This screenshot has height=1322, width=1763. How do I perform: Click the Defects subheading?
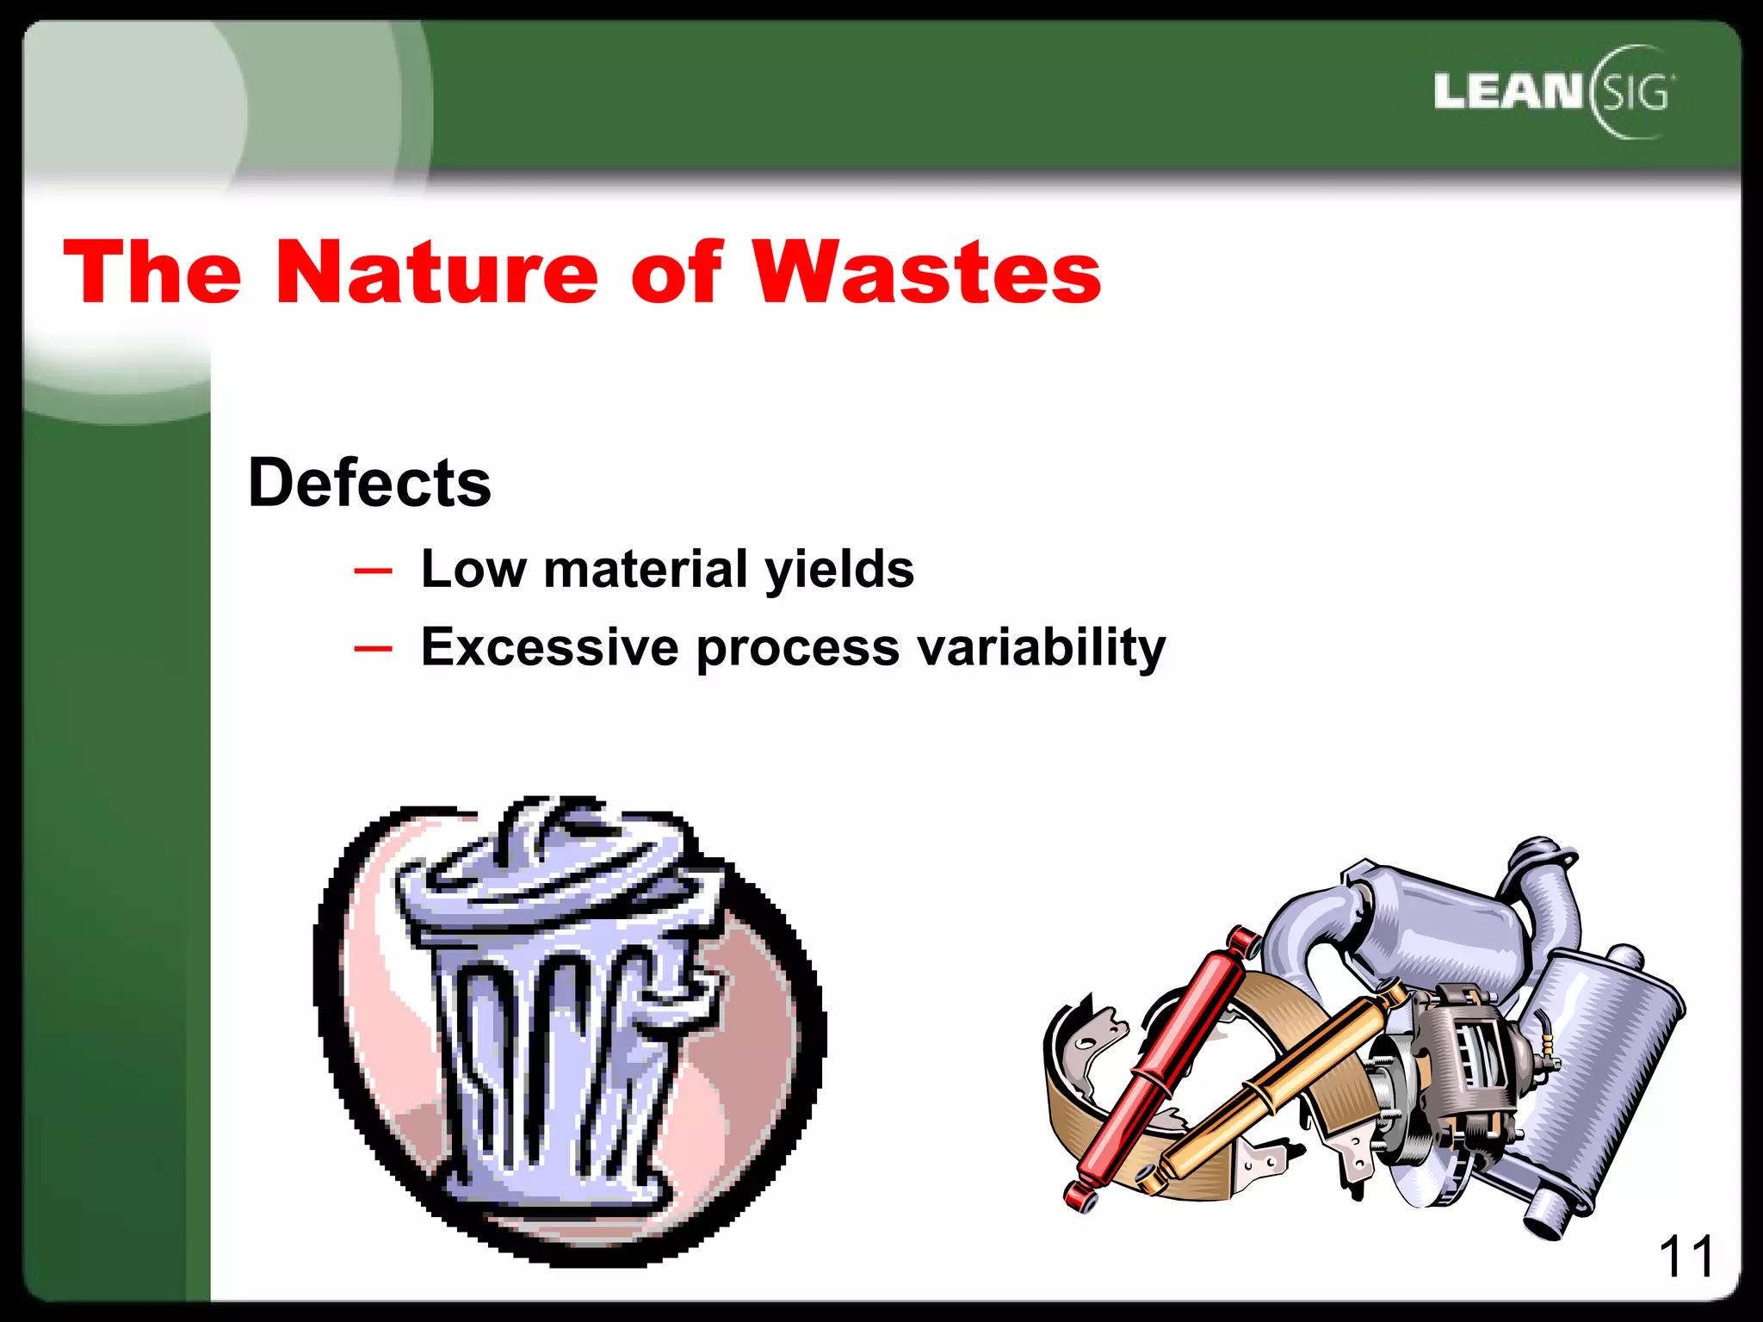[369, 483]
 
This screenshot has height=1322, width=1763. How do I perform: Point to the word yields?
[839, 571]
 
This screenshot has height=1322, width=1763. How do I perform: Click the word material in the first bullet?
[645, 569]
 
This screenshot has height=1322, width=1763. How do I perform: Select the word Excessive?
[549, 646]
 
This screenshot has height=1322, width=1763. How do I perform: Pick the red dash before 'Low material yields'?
[373, 571]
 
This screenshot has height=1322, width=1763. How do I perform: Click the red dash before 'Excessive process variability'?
[373, 648]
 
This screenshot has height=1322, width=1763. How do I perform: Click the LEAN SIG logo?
[1553, 92]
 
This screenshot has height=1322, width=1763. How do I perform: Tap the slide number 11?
[1686, 1257]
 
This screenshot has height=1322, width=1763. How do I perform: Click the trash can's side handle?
[689, 990]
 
